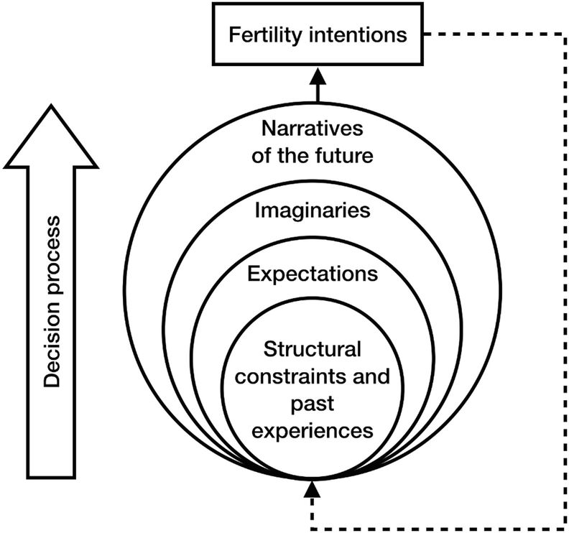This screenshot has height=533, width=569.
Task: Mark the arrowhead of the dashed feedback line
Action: [x=312, y=491]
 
